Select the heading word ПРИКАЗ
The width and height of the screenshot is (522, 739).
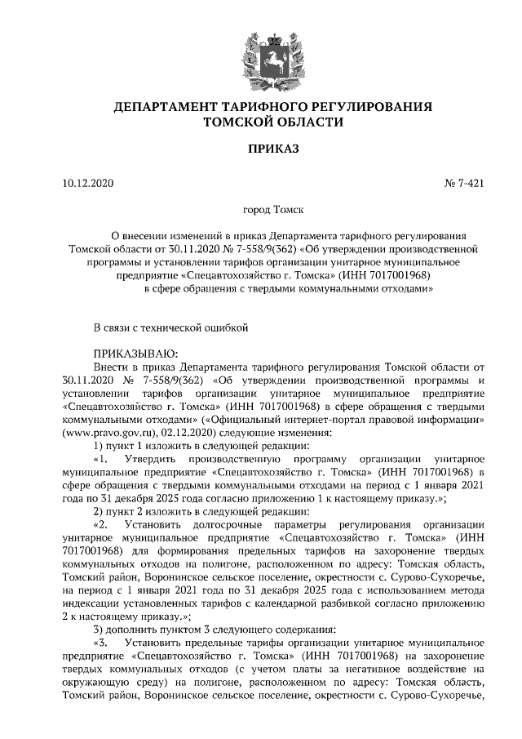tap(261, 150)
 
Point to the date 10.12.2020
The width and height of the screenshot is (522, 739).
tap(90, 183)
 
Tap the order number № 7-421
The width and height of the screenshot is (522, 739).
tap(464, 183)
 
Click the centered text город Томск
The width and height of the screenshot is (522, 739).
tap(261, 210)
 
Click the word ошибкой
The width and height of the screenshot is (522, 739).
tap(223, 327)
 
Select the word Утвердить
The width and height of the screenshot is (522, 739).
tap(154, 458)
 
